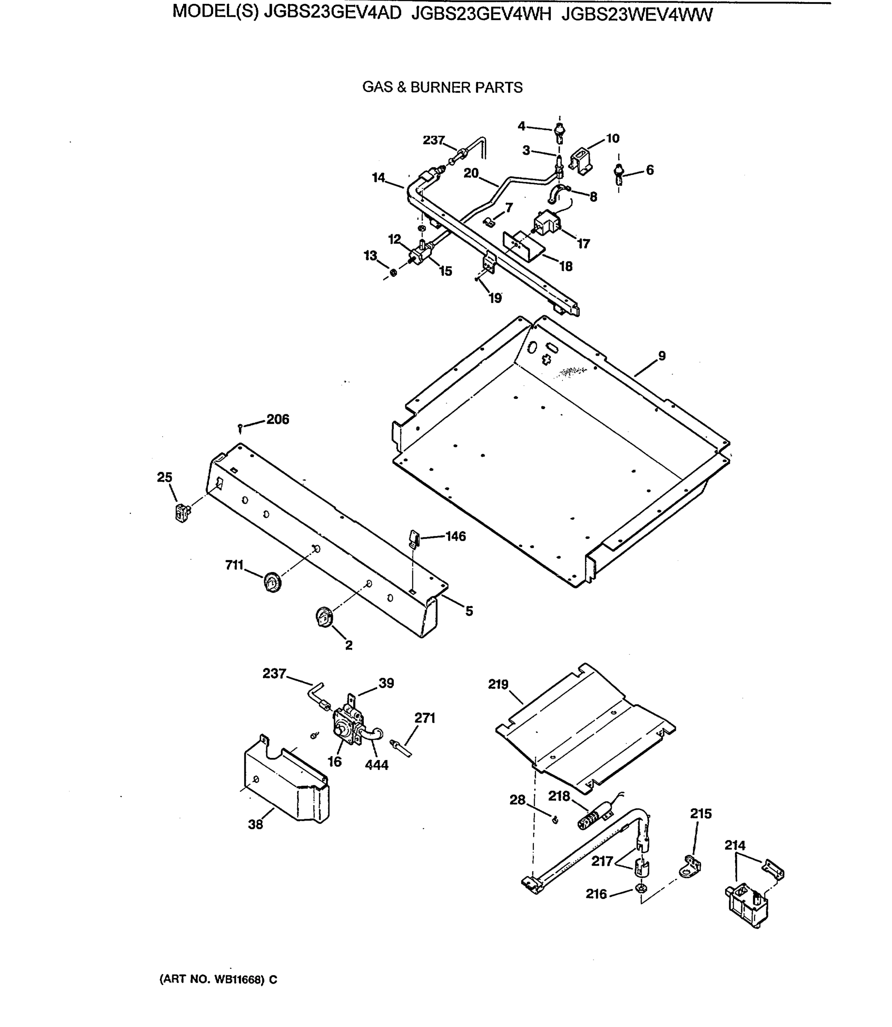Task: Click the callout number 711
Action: tap(234, 565)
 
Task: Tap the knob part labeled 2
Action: tap(324, 617)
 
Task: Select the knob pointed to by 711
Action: tap(272, 582)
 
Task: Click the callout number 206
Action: tap(277, 419)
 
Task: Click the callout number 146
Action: tap(455, 536)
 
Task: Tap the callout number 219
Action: tap(498, 685)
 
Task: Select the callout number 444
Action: tap(376, 765)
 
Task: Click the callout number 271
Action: tap(425, 718)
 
